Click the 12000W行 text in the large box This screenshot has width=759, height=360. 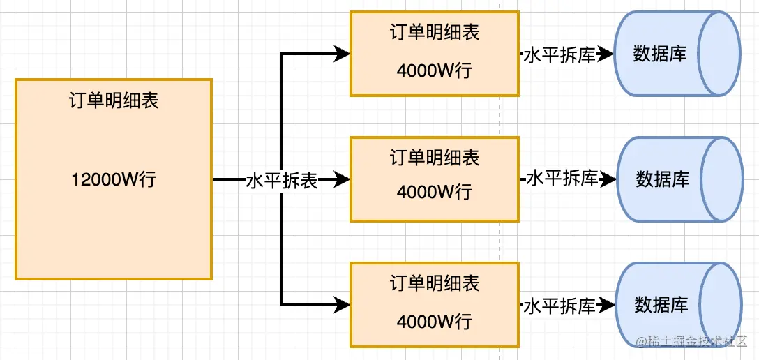pyautogui.click(x=113, y=180)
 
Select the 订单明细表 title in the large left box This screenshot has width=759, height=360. pyautogui.click(x=113, y=101)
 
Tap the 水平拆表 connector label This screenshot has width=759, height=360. pyautogui.click(x=282, y=181)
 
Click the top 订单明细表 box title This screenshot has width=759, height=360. pyautogui.click(x=435, y=33)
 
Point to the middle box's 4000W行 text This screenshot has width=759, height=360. pyautogui.click(x=435, y=193)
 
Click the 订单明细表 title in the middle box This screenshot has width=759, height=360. pyautogui.click(x=435, y=158)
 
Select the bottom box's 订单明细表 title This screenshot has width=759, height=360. pyautogui.click(x=435, y=284)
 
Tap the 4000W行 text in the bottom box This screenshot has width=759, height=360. pyautogui.click(x=435, y=322)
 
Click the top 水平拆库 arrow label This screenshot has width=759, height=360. pyautogui.click(x=559, y=55)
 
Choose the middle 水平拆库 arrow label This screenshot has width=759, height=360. pyautogui.click(x=562, y=179)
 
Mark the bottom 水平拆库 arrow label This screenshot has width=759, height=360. pyautogui.click(x=559, y=306)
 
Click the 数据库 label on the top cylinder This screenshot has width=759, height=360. pyautogui.click(x=659, y=54)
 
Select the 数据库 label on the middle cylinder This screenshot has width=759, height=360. pyautogui.click(x=662, y=179)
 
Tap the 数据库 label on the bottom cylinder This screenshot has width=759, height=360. pyautogui.click(x=661, y=305)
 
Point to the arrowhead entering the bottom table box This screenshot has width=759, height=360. pyautogui.click(x=342, y=305)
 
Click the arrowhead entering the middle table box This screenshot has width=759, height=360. pyautogui.click(x=342, y=181)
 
